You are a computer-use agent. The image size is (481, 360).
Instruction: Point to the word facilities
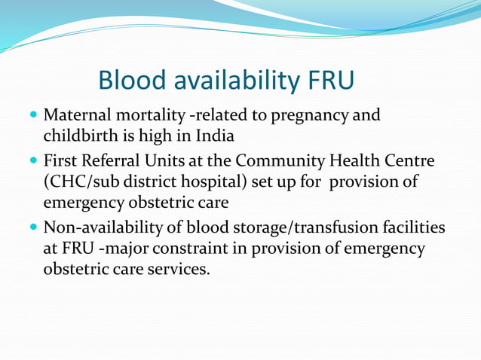point(413,227)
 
